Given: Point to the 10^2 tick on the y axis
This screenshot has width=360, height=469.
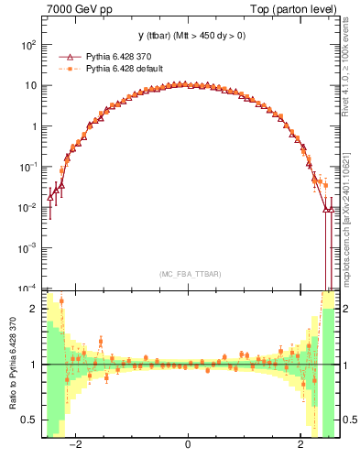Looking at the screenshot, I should (29, 45).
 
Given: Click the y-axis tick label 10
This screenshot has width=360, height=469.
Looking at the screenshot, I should (31, 86).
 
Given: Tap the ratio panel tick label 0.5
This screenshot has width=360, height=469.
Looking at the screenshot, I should (30, 420).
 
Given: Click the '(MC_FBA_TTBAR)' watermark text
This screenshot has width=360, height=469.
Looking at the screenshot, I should (188, 274).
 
